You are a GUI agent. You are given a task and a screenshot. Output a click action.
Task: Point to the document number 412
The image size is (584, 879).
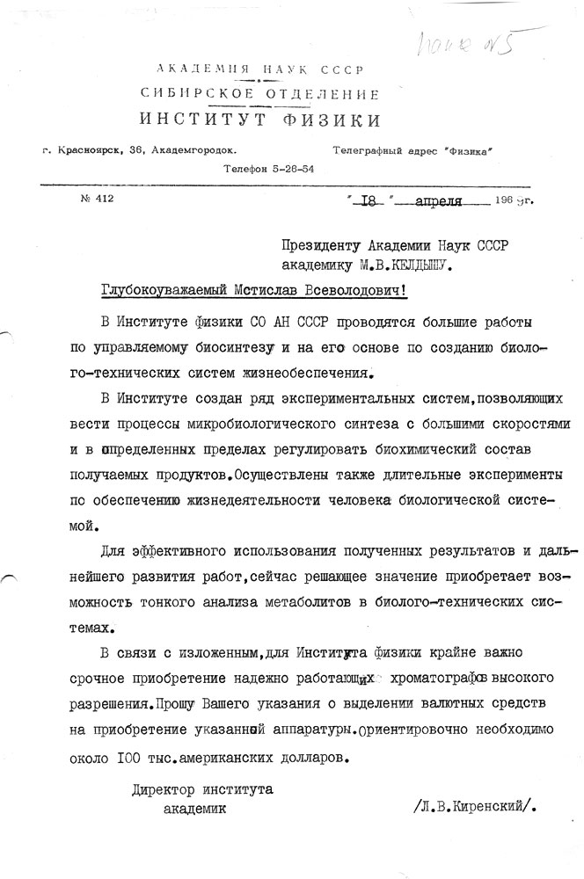coord(103,199)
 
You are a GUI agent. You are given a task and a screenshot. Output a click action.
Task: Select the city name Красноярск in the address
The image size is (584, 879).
coord(92,150)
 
